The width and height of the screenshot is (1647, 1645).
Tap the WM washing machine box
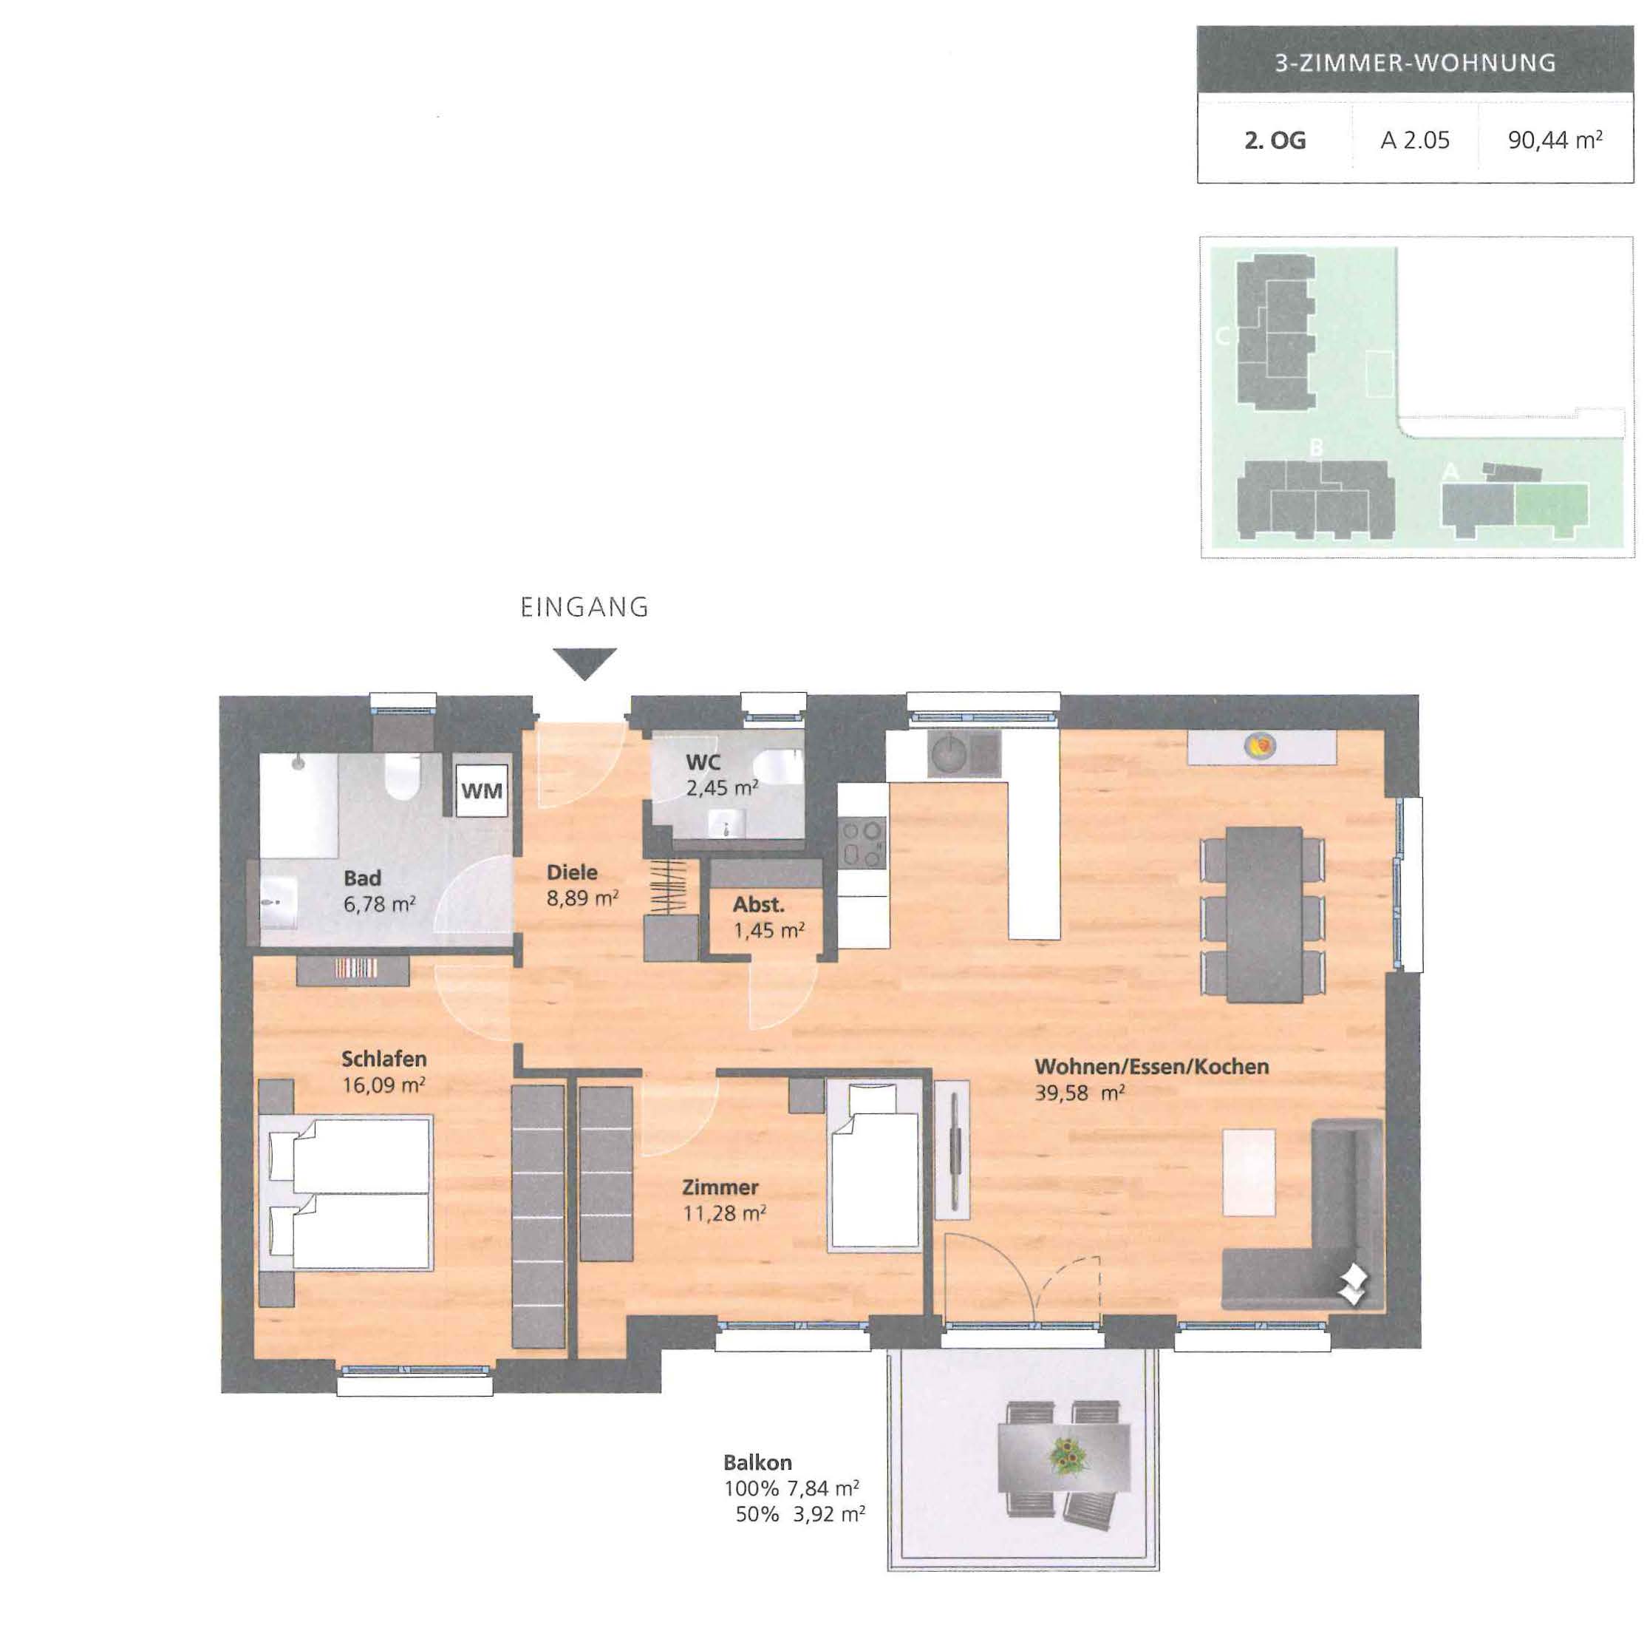482,790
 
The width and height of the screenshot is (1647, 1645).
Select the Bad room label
362,878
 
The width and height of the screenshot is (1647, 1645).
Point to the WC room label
703,762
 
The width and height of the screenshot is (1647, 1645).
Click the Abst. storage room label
758,904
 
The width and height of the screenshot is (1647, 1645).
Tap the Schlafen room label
383,1058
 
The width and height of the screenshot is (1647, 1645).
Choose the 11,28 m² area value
725,1212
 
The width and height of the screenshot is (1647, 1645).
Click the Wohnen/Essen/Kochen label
1152,1066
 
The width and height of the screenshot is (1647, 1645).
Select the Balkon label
757,1462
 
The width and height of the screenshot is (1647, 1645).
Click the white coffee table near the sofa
1249,1173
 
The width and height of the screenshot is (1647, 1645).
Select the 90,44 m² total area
1555,140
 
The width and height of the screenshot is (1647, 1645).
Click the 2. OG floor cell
1275,140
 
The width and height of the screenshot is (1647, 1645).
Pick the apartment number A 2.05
1414,140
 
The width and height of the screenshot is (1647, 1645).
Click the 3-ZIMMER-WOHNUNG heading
1415,62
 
